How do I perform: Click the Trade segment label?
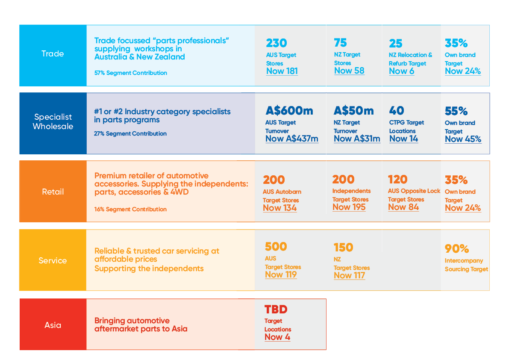(53, 54)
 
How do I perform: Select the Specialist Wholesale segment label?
(53, 121)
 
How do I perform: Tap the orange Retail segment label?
(53, 192)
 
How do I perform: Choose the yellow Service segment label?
(53, 260)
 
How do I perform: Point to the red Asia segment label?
(53, 325)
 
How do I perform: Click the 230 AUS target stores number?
(277, 43)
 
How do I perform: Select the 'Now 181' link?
(282, 71)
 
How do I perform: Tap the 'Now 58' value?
(349, 71)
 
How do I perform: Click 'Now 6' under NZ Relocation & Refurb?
(401, 71)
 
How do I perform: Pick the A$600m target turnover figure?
(289, 111)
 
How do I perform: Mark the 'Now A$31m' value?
(357, 139)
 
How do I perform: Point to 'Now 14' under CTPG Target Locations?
(403, 139)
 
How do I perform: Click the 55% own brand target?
(456, 111)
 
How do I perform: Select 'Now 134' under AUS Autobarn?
(280, 208)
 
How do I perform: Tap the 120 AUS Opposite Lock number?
(397, 179)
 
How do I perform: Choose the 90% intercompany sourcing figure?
(457, 249)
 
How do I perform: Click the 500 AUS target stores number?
(276, 247)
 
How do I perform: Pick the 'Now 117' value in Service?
(349, 275)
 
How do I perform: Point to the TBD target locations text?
(276, 309)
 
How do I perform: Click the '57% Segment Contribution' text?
(130, 73)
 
